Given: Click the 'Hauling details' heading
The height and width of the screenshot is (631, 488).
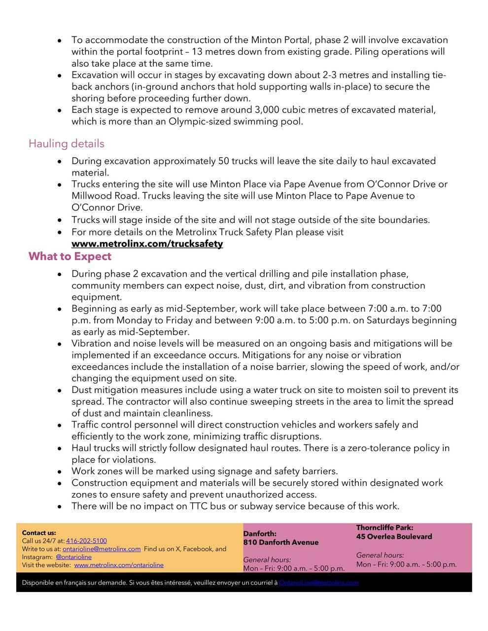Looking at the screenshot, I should [67, 143].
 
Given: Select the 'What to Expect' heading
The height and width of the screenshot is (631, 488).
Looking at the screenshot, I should [70, 256].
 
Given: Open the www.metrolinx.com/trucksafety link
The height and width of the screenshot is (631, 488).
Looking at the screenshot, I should [147, 244].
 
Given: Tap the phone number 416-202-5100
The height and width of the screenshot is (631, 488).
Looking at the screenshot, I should [86, 541].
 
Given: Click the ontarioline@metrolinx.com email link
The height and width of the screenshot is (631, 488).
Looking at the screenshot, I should [102, 549].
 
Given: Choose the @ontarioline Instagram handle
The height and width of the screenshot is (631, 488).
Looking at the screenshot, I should [73, 557].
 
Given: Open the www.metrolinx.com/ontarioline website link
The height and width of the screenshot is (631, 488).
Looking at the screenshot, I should [119, 565].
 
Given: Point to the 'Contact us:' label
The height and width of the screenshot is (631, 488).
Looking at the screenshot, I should [39, 533].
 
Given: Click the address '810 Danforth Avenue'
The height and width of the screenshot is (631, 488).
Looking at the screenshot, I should [281, 542].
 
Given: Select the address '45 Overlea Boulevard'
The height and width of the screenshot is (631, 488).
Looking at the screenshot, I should [394, 536].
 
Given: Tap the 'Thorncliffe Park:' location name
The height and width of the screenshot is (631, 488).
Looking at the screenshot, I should [384, 527].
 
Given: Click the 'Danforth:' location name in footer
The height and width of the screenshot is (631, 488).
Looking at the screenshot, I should [260, 533].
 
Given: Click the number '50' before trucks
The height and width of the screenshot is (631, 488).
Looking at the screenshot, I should [223, 161].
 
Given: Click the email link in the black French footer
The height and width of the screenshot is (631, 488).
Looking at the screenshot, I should [318, 583].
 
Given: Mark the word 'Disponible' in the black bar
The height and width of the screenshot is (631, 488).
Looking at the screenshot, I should [38, 583].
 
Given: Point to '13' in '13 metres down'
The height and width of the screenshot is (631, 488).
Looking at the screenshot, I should [198, 52].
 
